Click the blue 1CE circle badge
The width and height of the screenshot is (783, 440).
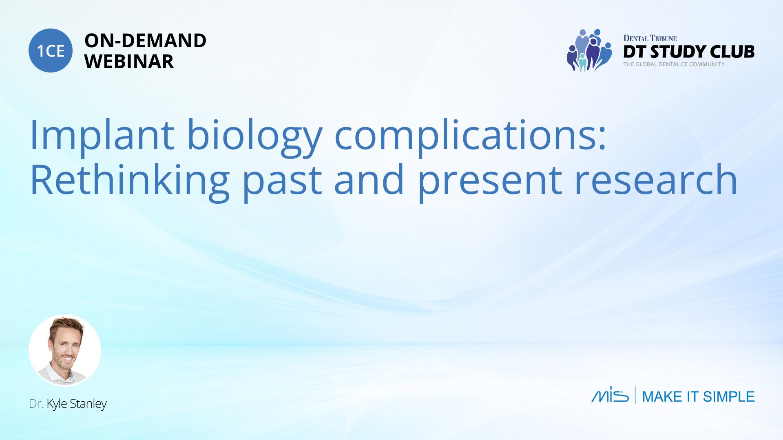point(51,51)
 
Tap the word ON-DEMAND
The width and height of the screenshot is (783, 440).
point(145,41)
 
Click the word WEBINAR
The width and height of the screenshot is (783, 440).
point(129,62)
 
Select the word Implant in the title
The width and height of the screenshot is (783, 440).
point(102,135)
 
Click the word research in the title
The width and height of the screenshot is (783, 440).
point(656,180)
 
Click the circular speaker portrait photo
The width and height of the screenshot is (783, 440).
point(65,350)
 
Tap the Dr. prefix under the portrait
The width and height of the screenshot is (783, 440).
point(36,404)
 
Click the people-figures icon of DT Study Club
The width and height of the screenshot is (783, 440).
point(589,50)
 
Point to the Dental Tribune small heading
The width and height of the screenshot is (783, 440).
point(650,38)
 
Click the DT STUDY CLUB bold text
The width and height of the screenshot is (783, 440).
point(689,52)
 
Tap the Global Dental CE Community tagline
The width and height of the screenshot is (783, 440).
point(674,64)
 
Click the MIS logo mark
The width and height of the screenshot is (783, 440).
point(610,394)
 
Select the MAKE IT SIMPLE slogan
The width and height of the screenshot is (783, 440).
point(698,396)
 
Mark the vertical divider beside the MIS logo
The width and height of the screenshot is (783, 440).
point(635,395)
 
